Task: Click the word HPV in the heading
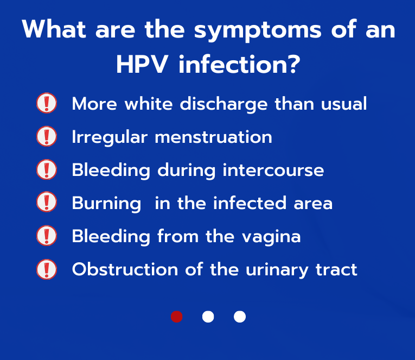coord(142,65)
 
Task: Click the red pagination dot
coord(177,317)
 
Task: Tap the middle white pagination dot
coord(208,317)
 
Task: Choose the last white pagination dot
coord(240,317)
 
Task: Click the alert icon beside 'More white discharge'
coord(47,103)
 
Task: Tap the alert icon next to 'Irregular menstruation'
coord(47,136)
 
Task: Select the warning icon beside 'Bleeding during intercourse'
coord(47,169)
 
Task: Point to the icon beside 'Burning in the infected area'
coord(47,203)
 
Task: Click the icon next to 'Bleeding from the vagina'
coord(47,236)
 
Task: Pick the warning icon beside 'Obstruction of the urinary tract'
coord(47,269)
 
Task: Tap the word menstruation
coord(213,137)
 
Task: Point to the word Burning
coord(106,204)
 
